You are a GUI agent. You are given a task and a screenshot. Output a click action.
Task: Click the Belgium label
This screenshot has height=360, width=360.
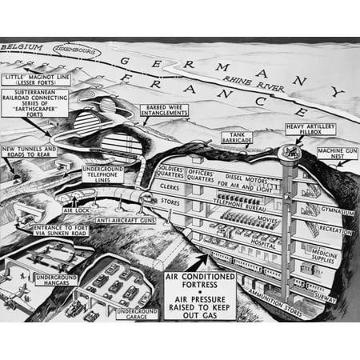click(22, 49)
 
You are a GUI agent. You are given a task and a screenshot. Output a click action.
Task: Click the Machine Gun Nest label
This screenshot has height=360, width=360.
click(334, 154)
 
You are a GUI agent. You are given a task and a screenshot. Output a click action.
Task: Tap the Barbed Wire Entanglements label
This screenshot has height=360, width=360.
click(169, 111)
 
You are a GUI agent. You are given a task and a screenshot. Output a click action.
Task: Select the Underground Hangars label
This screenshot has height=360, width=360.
click(58, 279)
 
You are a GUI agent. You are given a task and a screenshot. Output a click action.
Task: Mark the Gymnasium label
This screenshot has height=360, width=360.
click(319, 210)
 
